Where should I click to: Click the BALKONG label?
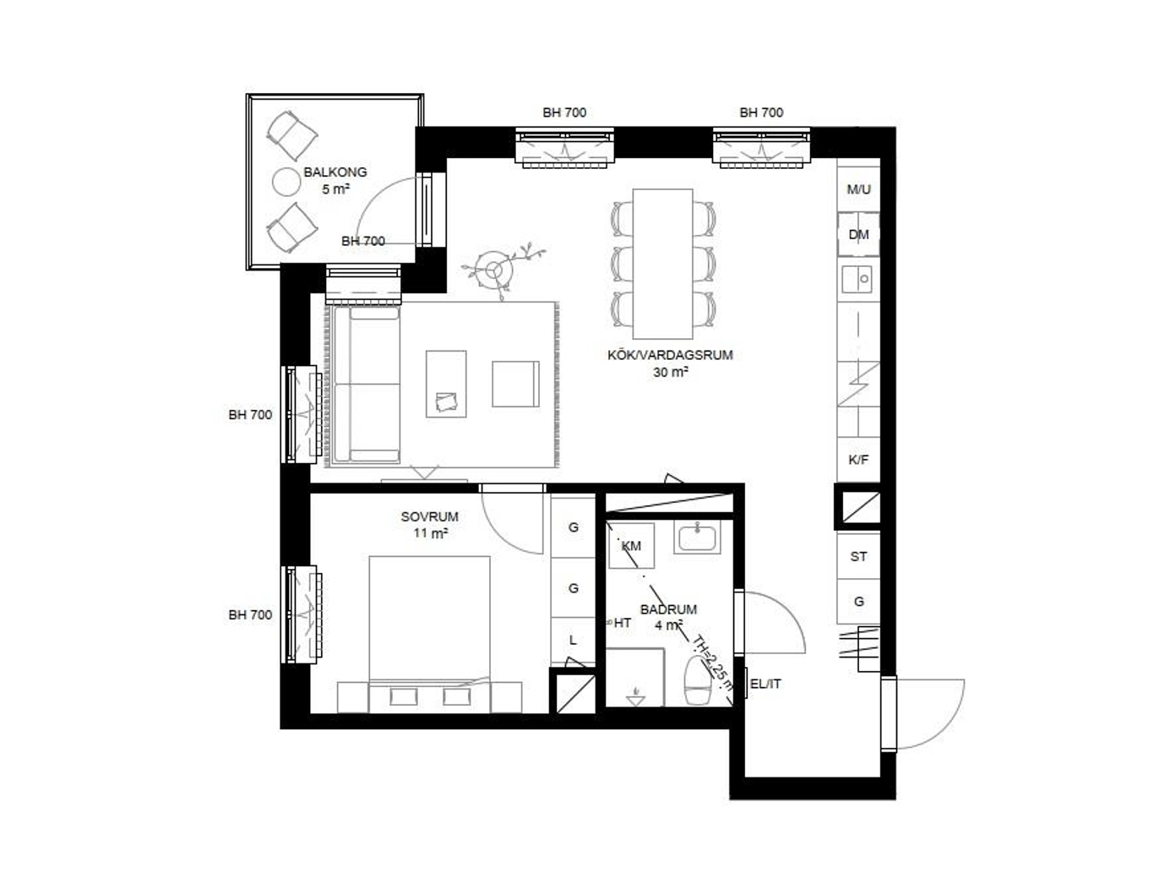click(335, 172)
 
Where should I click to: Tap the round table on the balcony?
click(286, 182)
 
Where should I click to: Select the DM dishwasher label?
click(858, 234)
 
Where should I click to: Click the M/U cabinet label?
click(858, 189)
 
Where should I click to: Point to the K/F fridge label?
click(858, 460)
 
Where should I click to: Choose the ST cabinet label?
click(858, 557)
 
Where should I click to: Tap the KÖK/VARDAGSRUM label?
click(670, 355)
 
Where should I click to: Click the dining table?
click(663, 264)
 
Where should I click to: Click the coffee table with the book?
click(446, 384)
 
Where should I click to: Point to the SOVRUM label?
click(430, 516)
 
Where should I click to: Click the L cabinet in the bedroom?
click(573, 640)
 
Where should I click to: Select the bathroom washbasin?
click(697, 537)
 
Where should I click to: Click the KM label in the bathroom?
click(631, 546)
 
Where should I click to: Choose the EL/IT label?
click(765, 684)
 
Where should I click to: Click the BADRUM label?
click(668, 609)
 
